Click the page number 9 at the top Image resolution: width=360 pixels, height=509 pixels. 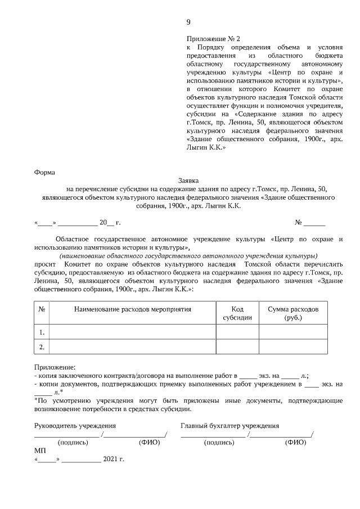point(188,22)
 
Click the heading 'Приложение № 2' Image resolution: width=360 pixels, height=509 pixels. point(213,39)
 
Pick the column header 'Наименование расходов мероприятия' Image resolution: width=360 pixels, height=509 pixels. point(133,309)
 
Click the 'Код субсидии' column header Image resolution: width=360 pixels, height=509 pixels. point(237,313)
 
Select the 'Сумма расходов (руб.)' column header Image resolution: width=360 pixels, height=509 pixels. point(292,313)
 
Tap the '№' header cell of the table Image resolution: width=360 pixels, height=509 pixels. point(42,309)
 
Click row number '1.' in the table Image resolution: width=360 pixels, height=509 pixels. point(42,332)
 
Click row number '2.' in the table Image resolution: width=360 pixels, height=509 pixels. point(42,347)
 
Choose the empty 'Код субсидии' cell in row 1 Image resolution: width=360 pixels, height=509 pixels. point(237,332)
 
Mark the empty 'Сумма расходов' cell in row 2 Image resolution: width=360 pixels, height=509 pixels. point(292,347)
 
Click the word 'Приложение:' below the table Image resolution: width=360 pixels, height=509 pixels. point(55,366)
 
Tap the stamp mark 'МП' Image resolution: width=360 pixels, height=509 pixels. point(40,451)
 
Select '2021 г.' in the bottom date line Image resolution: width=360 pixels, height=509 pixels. point(114,460)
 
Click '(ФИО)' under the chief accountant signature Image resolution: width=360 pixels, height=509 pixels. point(295,442)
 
